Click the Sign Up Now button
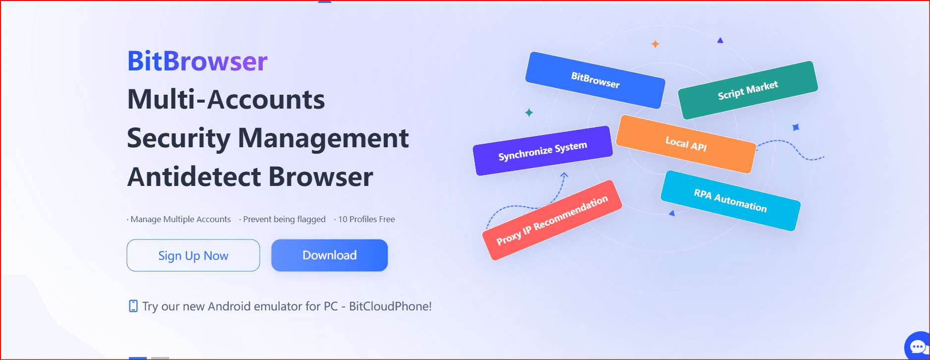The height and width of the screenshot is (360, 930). coord(193,255)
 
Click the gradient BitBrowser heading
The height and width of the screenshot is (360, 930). coord(197,61)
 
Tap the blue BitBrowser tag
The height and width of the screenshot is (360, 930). coord(595,80)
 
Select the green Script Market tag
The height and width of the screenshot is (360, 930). coord(748,90)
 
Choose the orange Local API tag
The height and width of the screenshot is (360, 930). coord(686,144)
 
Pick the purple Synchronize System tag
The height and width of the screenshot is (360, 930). coord(543,151)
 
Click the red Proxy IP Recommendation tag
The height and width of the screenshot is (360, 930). coord(552,220)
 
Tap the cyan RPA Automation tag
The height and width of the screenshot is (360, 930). coord(731,200)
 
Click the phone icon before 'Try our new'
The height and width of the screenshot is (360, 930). coord(133,306)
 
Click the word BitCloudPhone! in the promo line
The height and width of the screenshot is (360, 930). coord(390,306)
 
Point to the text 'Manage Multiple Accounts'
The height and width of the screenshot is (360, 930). coord(180,219)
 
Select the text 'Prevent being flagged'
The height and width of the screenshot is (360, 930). coord(284,219)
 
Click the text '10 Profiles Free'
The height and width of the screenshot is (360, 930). coord(366,219)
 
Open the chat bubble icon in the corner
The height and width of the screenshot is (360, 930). coord(918,346)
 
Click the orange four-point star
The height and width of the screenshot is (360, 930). coord(655,44)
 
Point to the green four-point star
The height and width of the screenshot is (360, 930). coord(529,113)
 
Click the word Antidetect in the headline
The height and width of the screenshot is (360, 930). coord(194,177)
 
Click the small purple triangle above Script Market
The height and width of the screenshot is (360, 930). coord(720,40)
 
